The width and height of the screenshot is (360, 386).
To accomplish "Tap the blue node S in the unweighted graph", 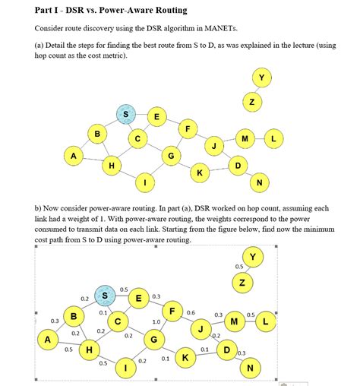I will [x=126, y=115].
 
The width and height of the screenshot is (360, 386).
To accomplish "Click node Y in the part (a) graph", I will [x=262, y=78].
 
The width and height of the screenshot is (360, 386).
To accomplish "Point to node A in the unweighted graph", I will [x=74, y=156].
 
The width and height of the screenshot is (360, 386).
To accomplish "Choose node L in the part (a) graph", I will [x=273, y=138].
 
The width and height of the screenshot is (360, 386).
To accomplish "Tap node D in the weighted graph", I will [x=226, y=350].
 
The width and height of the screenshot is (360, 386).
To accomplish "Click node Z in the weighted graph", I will [x=242, y=283].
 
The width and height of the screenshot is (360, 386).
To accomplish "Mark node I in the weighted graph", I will [x=126, y=369].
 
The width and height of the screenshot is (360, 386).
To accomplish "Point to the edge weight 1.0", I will [x=156, y=321].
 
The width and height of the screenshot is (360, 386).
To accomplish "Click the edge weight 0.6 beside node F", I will [x=191, y=312].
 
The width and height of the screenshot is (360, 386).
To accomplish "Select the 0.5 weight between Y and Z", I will [x=238, y=267].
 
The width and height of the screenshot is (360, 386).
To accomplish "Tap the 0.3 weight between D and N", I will [x=242, y=353].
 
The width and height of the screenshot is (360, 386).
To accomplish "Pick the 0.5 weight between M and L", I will [x=250, y=315].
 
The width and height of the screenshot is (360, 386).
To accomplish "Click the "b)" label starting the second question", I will [x=38, y=207].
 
